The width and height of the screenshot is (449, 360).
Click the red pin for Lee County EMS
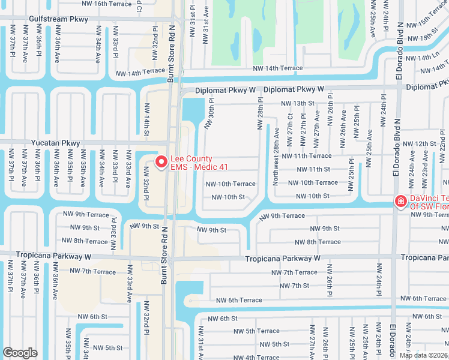161,162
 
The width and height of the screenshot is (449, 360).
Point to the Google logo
20,353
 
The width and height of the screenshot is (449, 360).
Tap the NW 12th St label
419,144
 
